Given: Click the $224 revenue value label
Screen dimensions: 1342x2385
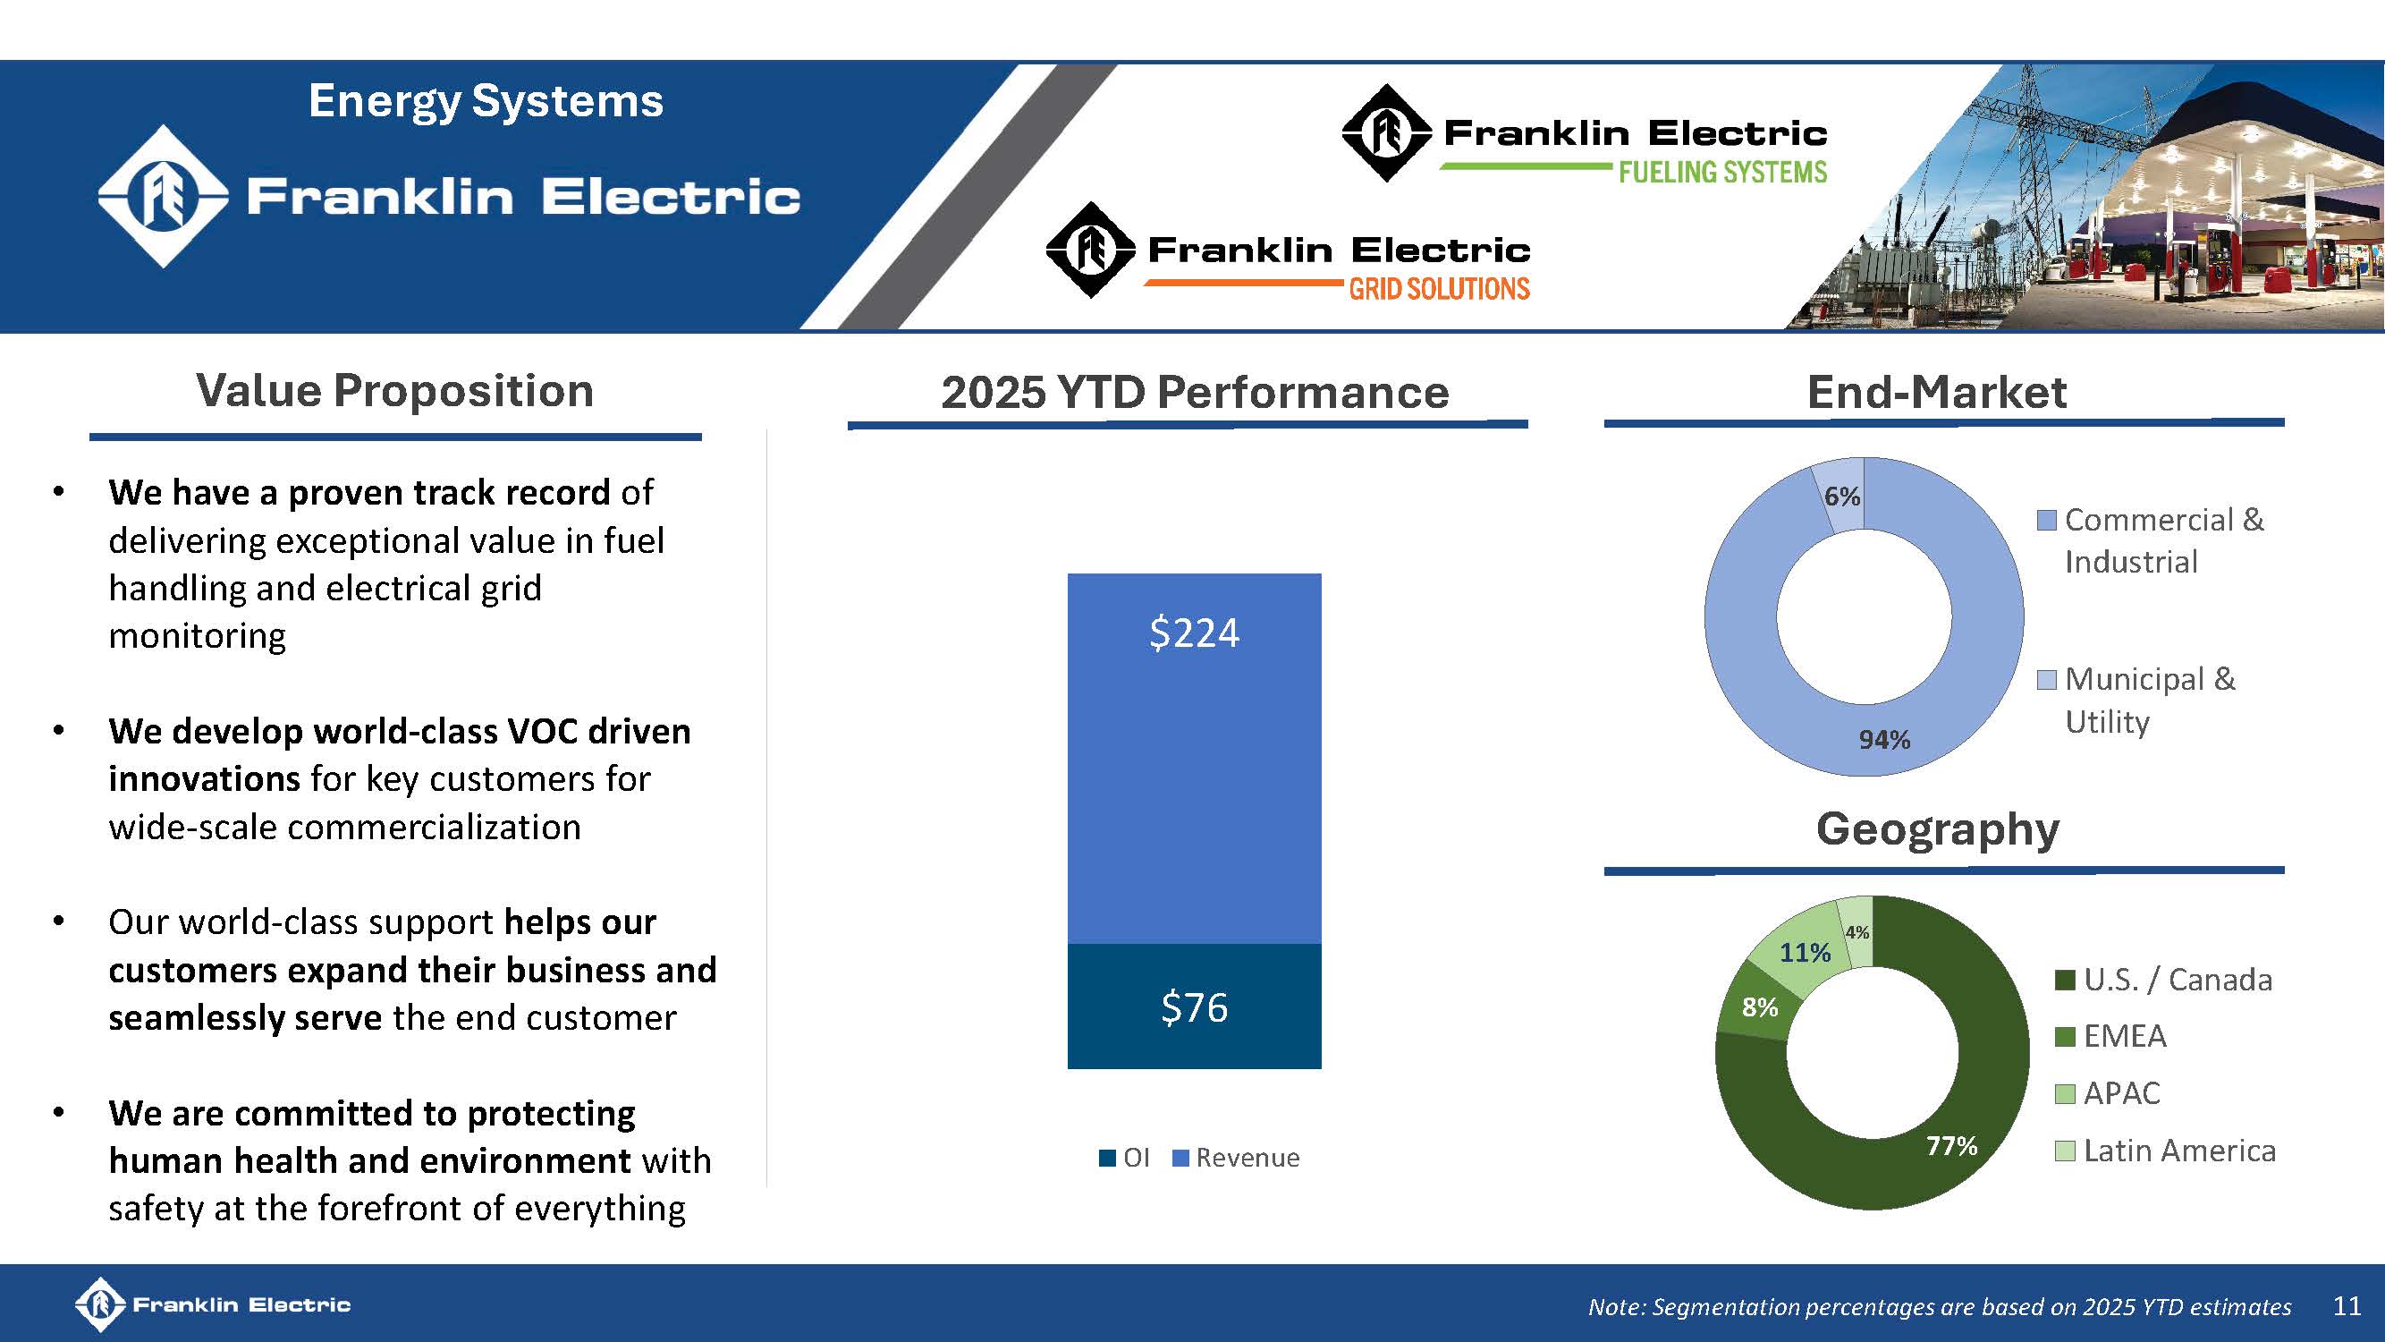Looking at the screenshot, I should point(1194,633).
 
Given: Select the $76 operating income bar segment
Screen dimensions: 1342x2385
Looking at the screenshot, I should point(1194,1007).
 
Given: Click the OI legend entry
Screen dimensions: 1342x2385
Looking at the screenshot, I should point(1124,1158).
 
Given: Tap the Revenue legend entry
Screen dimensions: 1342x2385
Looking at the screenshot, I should point(1236,1158).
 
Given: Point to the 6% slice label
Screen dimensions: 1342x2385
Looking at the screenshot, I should point(1841,497).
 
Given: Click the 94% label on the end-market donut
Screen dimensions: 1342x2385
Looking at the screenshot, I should point(1884,739).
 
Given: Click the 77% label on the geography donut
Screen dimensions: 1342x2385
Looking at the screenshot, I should point(1951,1147).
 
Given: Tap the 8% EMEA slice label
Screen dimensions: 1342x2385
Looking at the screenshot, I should point(1759,1007).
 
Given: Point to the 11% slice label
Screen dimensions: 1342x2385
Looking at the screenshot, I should point(1805,953).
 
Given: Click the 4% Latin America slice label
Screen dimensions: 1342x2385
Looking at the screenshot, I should point(1856,932).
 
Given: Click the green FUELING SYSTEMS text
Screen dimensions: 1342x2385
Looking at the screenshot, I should point(1722,174).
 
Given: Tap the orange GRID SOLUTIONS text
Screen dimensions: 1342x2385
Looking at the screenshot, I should point(1439,290).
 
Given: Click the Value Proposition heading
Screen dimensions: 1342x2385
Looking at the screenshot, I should point(394,391).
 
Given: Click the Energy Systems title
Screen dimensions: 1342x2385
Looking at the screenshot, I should point(486,101).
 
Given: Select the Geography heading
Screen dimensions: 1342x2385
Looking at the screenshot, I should point(1937,828).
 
